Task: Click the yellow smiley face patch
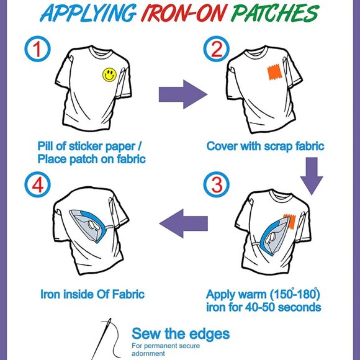(x=109, y=75)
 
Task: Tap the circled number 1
(x=37, y=48)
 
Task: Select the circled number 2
(x=216, y=48)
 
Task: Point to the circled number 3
(x=216, y=184)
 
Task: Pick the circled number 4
(x=37, y=184)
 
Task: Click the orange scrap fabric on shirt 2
(x=274, y=71)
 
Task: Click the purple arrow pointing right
(x=183, y=94)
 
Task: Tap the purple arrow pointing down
(x=312, y=176)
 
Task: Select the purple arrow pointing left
(x=184, y=223)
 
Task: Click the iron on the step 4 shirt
(x=90, y=225)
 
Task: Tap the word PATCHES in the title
(x=275, y=13)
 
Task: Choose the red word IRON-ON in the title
(x=184, y=13)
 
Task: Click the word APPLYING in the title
(x=88, y=13)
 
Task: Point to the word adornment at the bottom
(x=148, y=353)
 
